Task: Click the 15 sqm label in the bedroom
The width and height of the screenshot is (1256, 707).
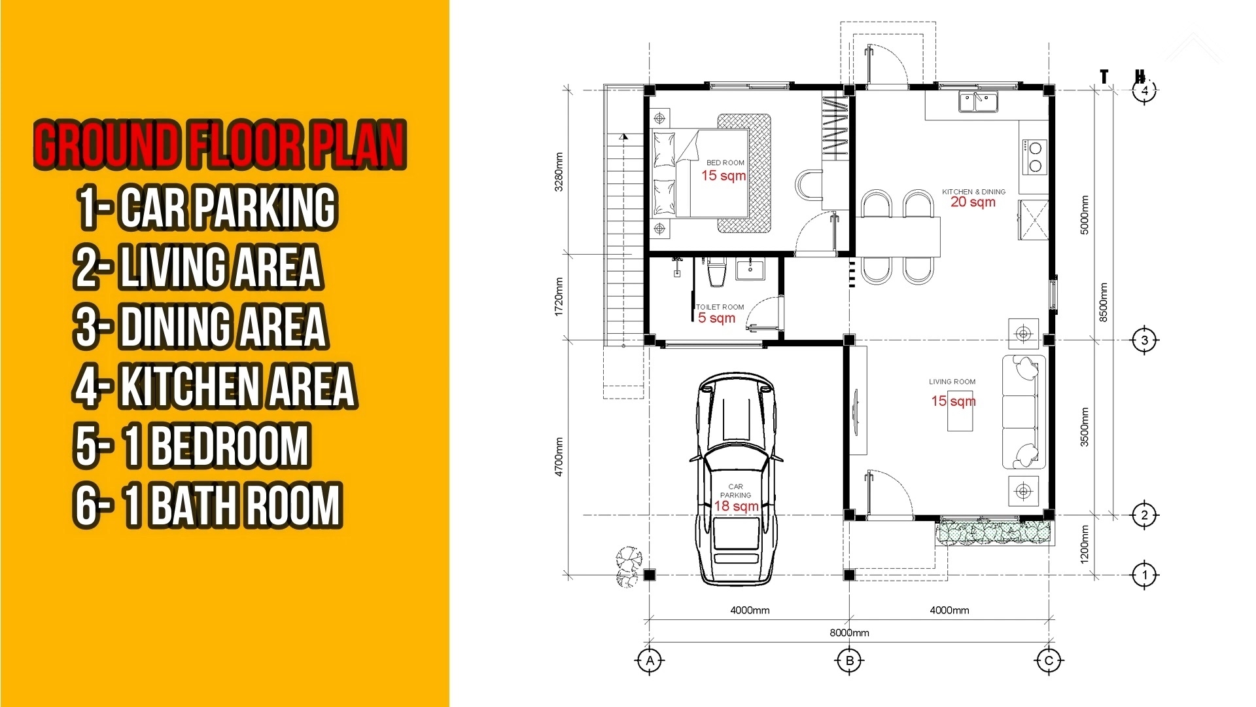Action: pos(724,175)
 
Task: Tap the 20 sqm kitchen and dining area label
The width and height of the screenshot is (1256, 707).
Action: pos(973,202)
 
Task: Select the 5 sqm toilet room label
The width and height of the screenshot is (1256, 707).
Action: pos(716,318)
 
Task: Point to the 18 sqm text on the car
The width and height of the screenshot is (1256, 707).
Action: pos(737,506)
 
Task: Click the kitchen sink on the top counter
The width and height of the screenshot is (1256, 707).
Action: pos(977,102)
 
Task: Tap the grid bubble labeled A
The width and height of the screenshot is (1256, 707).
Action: pos(650,661)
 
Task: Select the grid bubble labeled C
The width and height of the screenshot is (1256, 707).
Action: pos(1049,661)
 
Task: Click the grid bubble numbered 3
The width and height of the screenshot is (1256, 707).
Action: pos(1144,340)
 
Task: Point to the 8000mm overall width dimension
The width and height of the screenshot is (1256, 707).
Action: pos(849,632)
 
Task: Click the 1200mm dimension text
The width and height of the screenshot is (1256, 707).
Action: pos(1084,544)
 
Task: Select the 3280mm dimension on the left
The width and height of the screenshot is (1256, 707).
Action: pos(559,172)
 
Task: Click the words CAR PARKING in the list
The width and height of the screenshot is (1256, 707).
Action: pos(228,208)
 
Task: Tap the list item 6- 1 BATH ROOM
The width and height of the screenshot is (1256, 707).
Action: pos(208,505)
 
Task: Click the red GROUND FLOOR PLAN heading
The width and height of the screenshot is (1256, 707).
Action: pos(220,145)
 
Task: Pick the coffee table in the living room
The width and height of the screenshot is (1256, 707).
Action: pos(960,419)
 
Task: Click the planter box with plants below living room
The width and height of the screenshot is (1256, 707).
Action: pos(996,532)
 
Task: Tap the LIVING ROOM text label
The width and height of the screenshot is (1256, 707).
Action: pos(952,382)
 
